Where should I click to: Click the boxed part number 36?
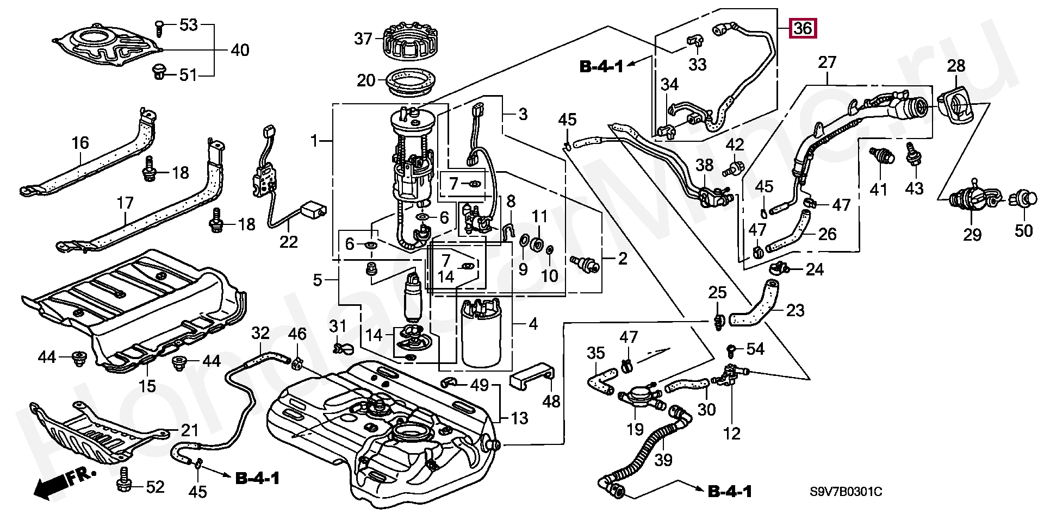point(803,27)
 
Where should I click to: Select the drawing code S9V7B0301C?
point(846,492)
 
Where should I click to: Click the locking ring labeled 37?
point(410,40)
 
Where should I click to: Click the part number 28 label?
point(955,66)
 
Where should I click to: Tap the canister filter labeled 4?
point(481,334)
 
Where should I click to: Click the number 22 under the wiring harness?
point(289,241)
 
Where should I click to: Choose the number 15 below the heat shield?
point(147,386)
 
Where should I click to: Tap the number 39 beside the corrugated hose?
point(663,460)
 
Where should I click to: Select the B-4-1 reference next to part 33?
point(601,67)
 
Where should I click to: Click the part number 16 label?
point(80,143)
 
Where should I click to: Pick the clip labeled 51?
point(159,72)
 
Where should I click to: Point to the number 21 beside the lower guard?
point(189,430)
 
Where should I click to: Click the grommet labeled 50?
point(1023,199)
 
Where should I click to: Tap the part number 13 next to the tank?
point(519,418)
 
